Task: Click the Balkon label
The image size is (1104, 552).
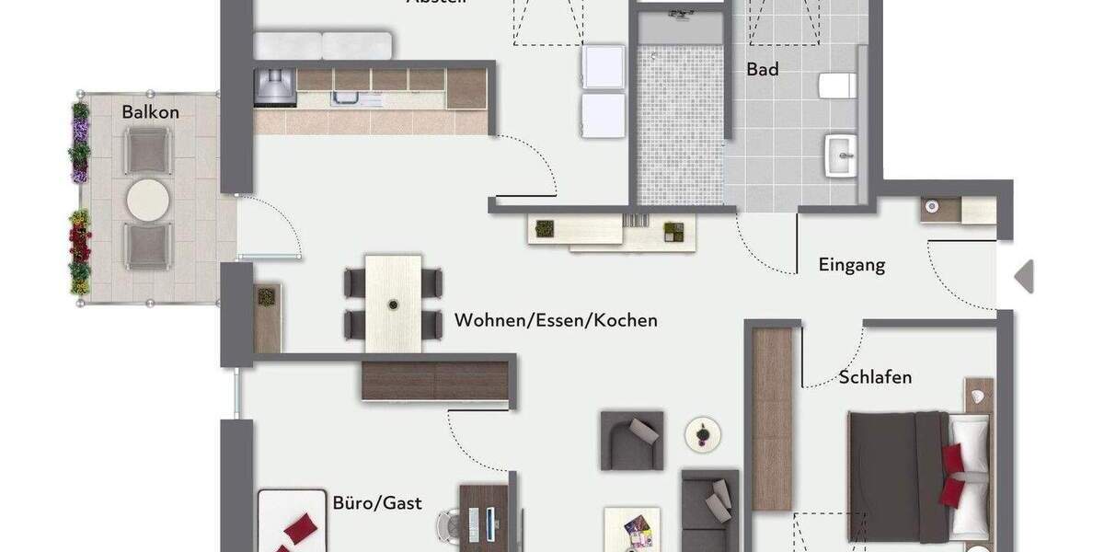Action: (150, 112)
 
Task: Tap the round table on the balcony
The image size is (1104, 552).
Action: (148, 200)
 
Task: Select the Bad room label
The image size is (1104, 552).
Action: (763, 69)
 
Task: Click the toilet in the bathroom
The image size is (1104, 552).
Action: (837, 86)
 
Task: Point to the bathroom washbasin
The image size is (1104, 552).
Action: (841, 155)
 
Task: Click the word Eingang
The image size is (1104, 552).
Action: (852, 265)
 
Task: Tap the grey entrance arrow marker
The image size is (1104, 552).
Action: (1024, 276)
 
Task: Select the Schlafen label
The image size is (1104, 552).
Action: (875, 377)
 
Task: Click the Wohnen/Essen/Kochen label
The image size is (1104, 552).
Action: (556, 321)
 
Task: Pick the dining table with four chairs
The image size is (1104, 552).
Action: (393, 303)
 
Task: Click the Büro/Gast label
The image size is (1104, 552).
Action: (377, 502)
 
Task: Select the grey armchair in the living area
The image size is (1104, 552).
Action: (631, 441)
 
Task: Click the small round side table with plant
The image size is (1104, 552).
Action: (703, 433)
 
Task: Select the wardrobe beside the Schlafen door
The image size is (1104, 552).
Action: (772, 419)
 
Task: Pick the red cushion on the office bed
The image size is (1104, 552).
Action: (300, 529)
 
